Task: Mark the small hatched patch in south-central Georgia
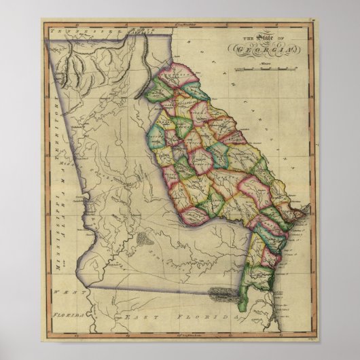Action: coord(145,240)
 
